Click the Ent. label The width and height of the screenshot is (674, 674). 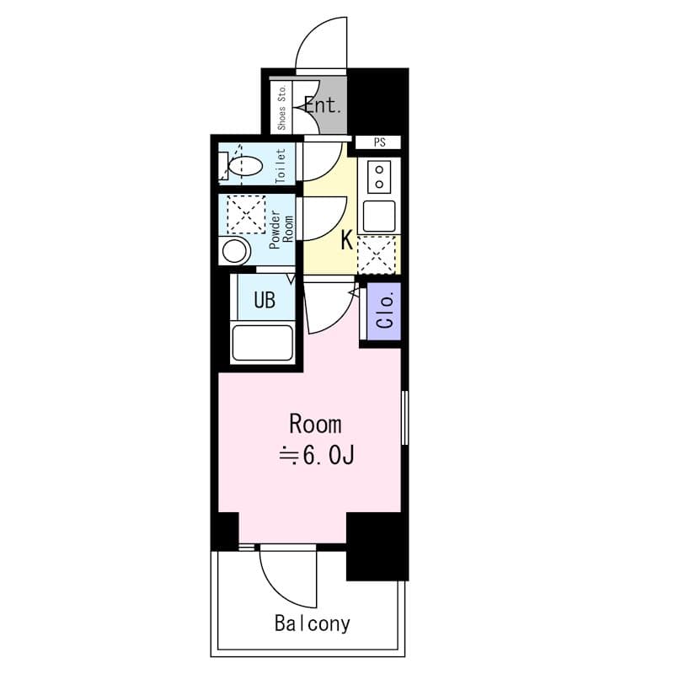323,106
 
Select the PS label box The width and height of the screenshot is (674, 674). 379,142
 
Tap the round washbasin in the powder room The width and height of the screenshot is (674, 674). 233,250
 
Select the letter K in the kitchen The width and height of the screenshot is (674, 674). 346,241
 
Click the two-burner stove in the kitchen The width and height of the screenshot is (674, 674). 379,176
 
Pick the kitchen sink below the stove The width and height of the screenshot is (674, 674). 379,216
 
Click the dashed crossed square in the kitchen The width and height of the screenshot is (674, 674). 377,254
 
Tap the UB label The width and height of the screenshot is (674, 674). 265,301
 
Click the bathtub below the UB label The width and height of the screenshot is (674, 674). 262,343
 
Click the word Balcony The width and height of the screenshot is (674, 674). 312,624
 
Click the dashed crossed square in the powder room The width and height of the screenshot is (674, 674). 246,214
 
